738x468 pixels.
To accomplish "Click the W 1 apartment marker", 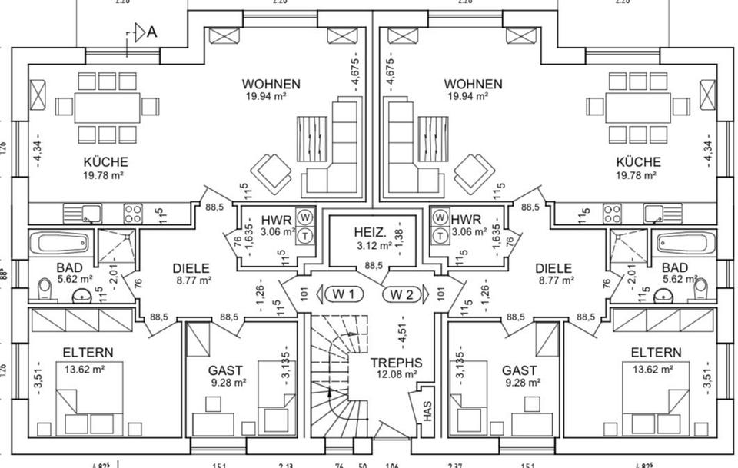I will [x=344, y=294].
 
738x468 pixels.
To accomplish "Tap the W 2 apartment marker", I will [x=402, y=294].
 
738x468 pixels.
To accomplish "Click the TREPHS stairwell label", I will [x=396, y=363].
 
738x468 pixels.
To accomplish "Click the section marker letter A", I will [x=151, y=32].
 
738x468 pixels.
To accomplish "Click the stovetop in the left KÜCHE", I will [x=133, y=212].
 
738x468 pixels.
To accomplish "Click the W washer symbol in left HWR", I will [x=305, y=217].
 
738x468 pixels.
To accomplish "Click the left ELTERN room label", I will [x=88, y=353].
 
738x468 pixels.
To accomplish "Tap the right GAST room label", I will [x=519, y=370].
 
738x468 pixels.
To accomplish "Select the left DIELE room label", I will [x=191, y=268].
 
